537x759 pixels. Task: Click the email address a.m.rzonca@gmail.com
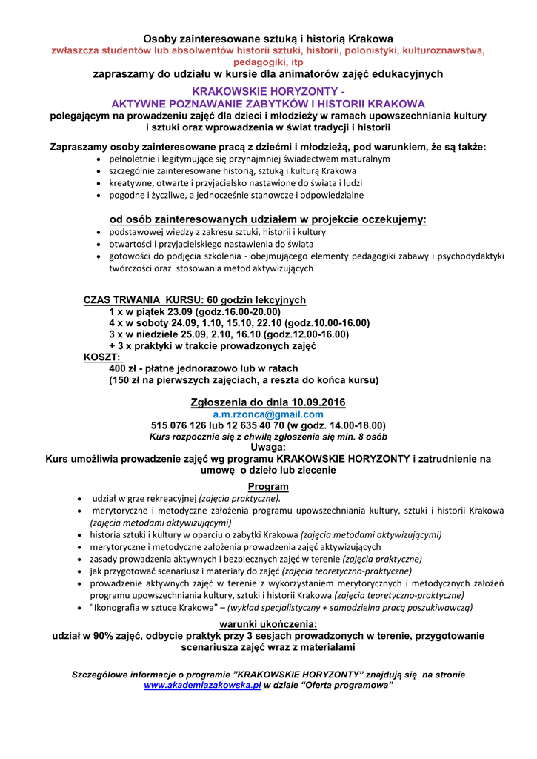[268, 414]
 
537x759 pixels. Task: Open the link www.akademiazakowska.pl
[202, 686]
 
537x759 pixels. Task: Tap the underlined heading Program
[268, 486]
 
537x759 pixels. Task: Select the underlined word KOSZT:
[102, 357]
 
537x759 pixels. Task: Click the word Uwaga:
[268, 448]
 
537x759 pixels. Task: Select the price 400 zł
[126, 368]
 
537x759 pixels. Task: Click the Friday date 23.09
[182, 312]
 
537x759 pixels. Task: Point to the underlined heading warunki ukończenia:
[268, 624]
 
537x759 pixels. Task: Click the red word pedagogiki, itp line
[268, 62]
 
